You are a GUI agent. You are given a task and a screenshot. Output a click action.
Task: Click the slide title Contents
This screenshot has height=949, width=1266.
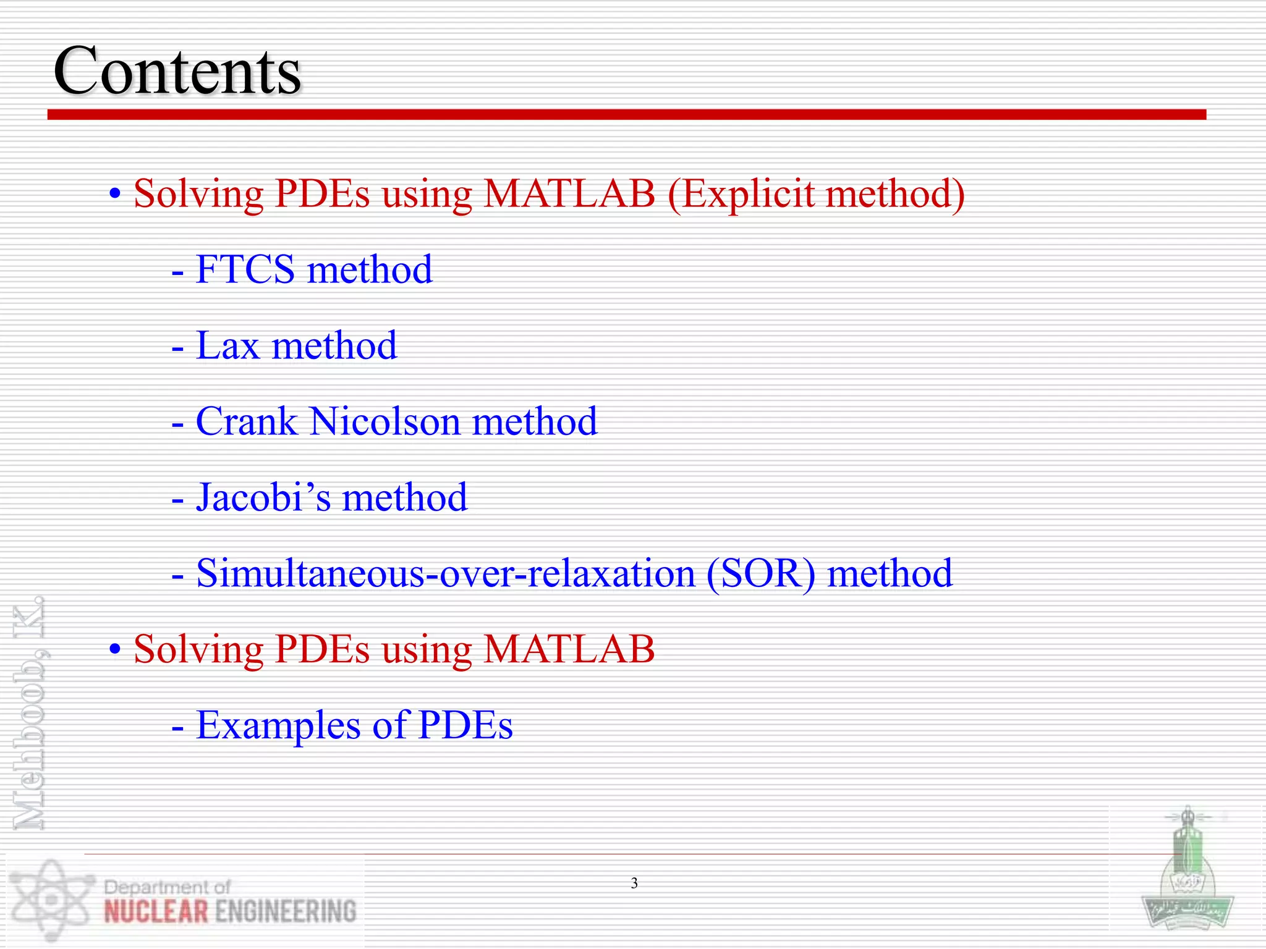click(177, 71)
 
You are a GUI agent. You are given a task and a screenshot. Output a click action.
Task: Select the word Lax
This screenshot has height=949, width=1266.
click(227, 346)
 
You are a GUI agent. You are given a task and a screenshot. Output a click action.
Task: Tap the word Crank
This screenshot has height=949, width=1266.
click(246, 422)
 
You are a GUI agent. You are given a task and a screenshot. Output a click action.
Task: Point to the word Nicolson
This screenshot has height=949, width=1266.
click(384, 422)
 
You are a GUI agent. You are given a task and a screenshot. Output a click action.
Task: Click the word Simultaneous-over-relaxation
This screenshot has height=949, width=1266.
click(446, 573)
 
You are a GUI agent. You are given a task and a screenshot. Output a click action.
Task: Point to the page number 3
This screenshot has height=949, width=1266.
click(634, 884)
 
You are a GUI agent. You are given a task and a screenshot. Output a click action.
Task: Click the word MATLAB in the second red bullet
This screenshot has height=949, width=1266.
click(569, 650)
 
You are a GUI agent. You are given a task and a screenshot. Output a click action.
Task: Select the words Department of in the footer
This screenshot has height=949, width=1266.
click(168, 887)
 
